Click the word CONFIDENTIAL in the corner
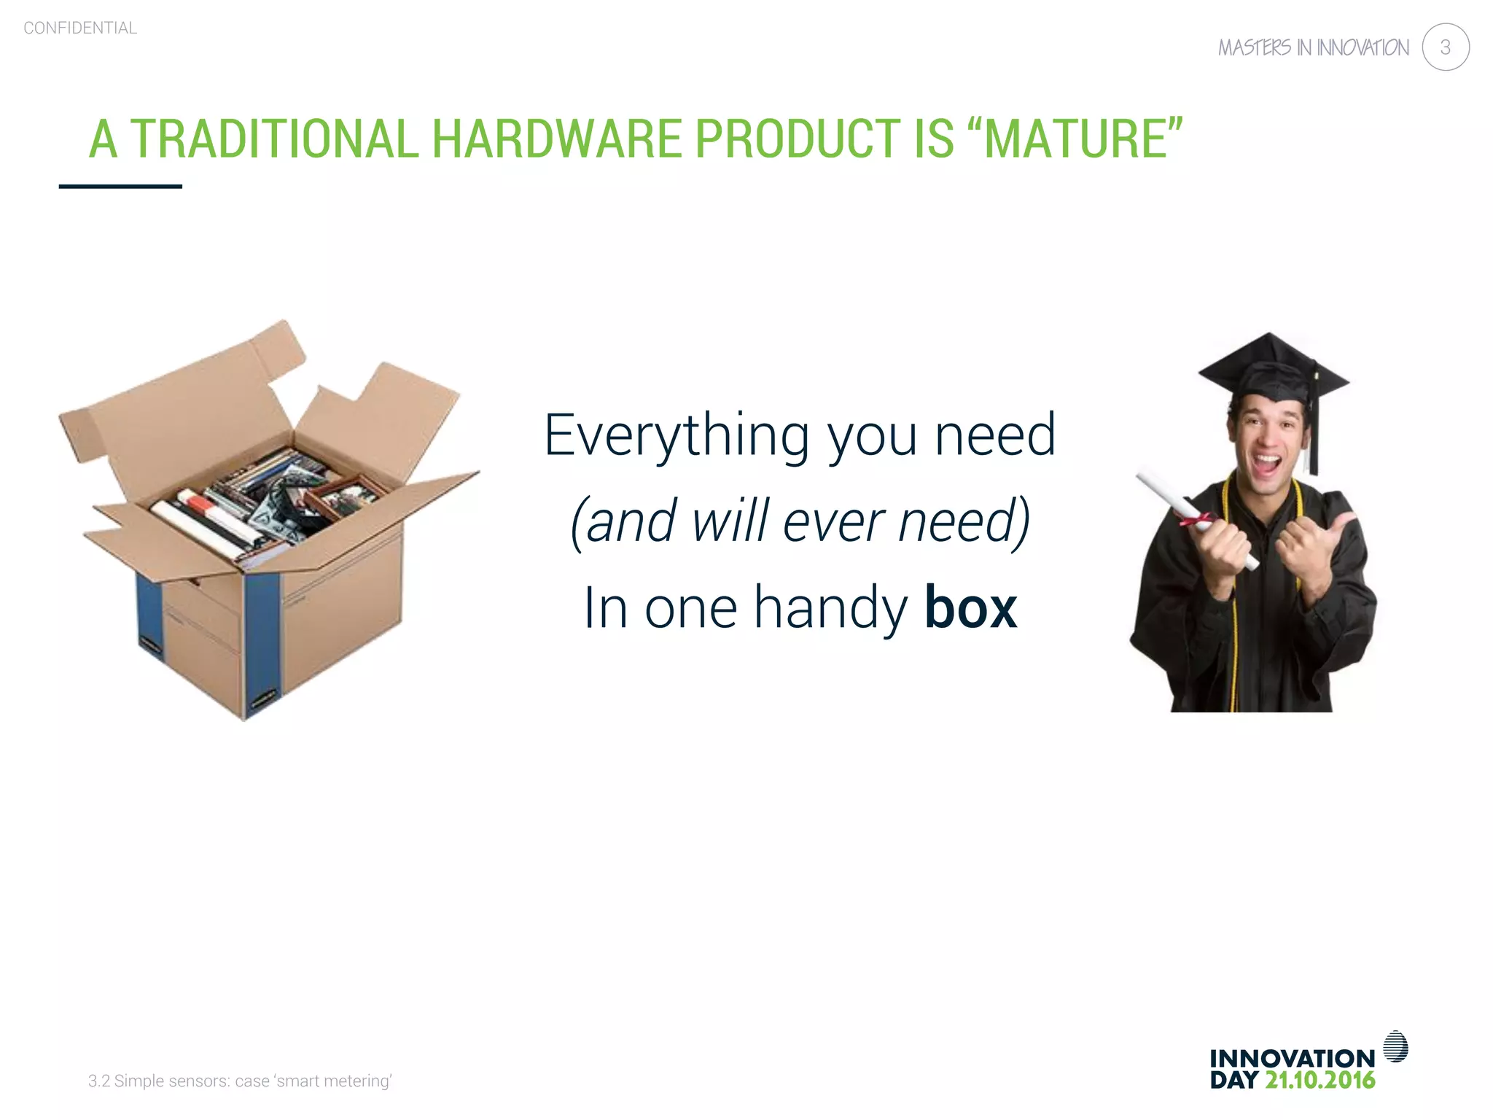point(80,28)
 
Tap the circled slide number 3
point(1445,47)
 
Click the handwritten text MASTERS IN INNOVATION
point(1313,48)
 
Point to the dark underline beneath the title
point(120,187)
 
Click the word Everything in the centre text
point(677,435)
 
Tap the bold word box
point(970,607)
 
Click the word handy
point(830,607)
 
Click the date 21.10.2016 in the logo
point(1319,1080)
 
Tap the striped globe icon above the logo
point(1395,1046)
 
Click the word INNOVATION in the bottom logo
point(1292,1058)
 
